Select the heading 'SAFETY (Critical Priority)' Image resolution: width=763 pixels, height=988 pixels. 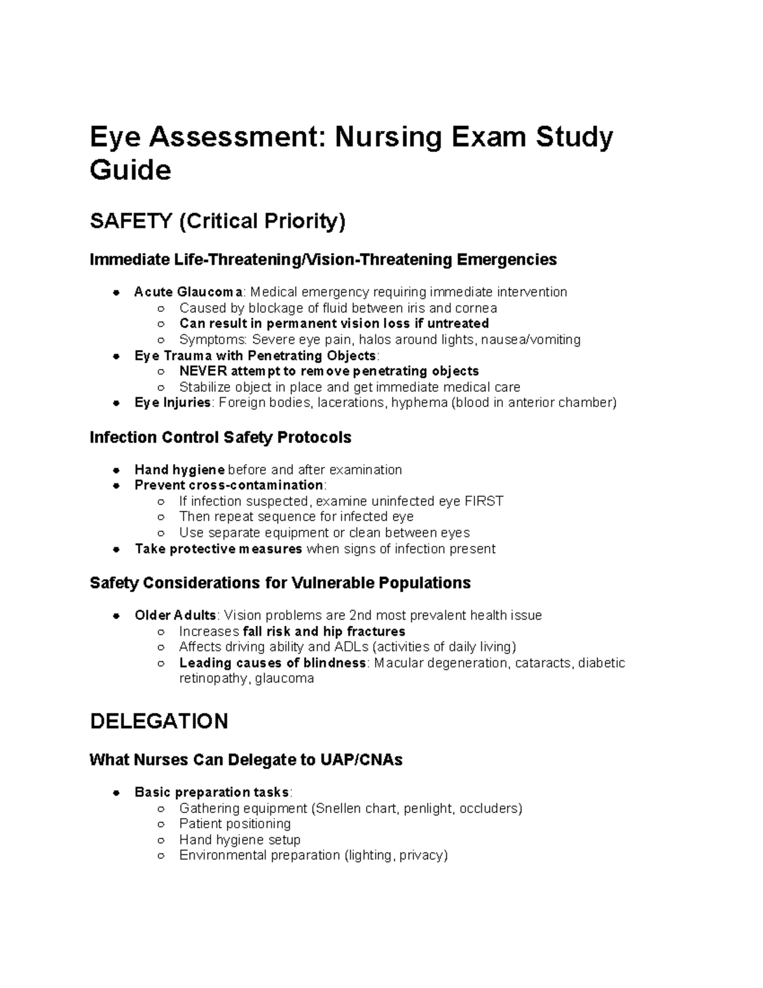(x=217, y=221)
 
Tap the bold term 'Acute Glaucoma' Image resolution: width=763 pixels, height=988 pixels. (x=188, y=292)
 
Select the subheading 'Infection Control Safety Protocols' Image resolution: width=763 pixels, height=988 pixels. (x=220, y=438)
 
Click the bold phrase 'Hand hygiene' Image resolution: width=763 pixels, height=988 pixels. (x=179, y=470)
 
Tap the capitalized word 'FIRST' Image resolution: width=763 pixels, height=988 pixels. (x=484, y=501)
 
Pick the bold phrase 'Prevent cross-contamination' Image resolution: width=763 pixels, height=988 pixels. (x=229, y=485)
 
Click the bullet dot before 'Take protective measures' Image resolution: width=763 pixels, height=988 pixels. (x=116, y=549)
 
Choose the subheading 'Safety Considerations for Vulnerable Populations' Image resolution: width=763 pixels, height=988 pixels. (x=280, y=583)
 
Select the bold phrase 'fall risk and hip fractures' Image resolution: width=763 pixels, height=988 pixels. (x=324, y=631)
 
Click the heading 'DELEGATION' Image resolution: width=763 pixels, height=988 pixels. (x=159, y=721)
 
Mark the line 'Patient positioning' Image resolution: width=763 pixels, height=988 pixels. (x=235, y=824)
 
